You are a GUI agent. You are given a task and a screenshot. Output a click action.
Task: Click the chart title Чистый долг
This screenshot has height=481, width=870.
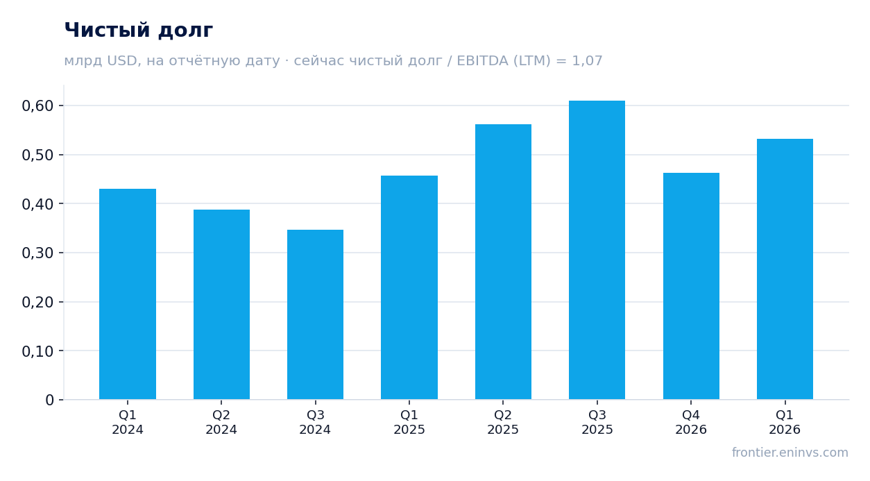[139, 31]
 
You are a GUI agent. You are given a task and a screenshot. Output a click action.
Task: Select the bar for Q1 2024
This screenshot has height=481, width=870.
[128, 294]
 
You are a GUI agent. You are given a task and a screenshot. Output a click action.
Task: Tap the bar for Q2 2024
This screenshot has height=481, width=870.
[221, 305]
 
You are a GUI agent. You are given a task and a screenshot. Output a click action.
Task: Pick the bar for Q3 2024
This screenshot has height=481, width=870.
[316, 314]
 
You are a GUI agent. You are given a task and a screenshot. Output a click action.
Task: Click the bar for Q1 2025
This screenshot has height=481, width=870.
[409, 287]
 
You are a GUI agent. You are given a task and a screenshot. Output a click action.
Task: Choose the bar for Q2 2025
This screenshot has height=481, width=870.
[504, 262]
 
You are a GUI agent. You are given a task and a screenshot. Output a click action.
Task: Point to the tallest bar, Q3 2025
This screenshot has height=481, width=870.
[597, 250]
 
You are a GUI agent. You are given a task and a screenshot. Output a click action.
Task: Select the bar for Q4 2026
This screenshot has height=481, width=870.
[691, 287]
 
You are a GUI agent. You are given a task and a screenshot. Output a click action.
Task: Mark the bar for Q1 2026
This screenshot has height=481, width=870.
[785, 269]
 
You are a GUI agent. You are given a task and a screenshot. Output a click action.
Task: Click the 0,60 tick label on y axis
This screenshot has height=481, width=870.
[37, 106]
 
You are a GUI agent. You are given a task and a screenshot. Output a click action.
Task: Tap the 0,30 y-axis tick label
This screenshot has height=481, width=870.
[37, 253]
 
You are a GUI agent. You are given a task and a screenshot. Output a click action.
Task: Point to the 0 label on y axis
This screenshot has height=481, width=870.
[50, 400]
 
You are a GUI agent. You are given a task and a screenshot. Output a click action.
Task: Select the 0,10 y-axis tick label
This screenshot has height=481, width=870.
[37, 351]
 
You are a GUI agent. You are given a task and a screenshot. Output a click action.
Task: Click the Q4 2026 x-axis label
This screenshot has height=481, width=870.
[691, 422]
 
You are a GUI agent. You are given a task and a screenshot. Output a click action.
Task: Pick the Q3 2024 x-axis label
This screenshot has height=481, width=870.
[315, 422]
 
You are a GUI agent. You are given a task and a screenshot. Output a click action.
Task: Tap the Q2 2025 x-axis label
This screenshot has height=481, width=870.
[503, 422]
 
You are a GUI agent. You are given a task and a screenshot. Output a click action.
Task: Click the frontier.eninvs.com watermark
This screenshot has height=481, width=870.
[790, 453]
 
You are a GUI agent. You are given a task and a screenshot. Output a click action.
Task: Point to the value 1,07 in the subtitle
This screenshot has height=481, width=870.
[587, 61]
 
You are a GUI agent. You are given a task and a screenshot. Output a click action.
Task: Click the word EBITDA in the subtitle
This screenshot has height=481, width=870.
[482, 60]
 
